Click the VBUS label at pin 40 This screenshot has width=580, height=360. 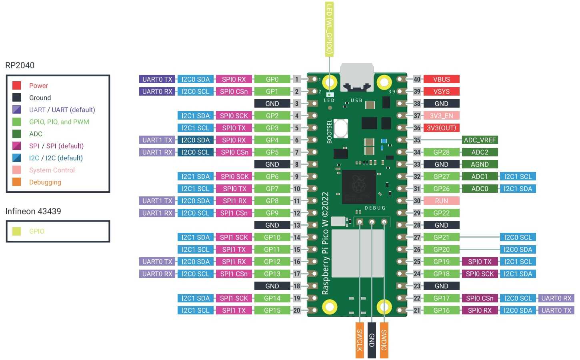point(442,79)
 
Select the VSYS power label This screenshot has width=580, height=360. point(442,92)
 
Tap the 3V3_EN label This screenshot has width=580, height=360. point(442,116)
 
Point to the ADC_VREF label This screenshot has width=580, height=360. point(480,140)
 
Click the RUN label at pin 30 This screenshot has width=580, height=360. point(442,201)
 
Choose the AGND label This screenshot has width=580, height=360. point(480,164)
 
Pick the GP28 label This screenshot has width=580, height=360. point(442,152)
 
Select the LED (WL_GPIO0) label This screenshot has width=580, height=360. point(329,29)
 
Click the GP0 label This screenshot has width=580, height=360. point(272,79)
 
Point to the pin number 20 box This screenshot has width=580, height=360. point(297,310)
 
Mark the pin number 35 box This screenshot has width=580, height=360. point(417,140)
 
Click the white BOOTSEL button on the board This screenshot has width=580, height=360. point(340,128)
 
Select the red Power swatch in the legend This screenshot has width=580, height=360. point(16,86)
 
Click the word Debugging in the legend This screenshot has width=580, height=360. point(45,182)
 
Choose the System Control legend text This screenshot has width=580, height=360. point(52,170)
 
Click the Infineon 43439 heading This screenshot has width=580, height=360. point(33,211)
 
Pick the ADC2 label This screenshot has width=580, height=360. point(480,152)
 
